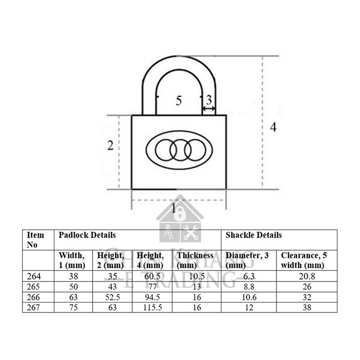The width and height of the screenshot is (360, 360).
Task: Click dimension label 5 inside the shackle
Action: [x=179, y=101]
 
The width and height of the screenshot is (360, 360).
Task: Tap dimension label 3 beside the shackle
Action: [x=208, y=100]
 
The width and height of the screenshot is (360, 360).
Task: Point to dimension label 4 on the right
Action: [x=273, y=127]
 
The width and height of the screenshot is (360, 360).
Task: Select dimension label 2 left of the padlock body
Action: [x=109, y=145]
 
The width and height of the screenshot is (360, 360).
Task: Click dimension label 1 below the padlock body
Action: [x=175, y=208]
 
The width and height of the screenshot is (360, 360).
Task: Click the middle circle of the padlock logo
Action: [x=178, y=148]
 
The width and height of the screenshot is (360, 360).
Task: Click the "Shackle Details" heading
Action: [x=253, y=235]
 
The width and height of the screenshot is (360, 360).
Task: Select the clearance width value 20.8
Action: [x=306, y=276]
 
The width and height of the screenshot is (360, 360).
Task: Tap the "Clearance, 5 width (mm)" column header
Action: [x=304, y=260]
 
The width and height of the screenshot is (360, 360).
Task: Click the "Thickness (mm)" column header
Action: [x=195, y=260]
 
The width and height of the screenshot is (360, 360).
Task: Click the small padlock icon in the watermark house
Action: [x=180, y=211]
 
